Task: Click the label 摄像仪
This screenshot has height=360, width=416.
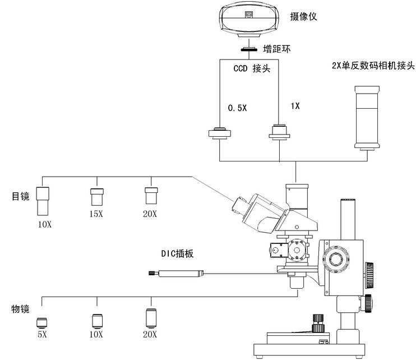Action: [304, 16]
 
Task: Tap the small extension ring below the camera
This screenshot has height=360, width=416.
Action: [248, 50]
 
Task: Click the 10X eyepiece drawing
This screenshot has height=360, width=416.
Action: [44, 200]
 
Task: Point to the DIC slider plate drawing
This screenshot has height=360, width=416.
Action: [178, 274]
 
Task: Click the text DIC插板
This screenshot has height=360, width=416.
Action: [177, 253]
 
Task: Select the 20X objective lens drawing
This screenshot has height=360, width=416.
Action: [150, 318]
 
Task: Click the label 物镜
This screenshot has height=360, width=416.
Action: [21, 309]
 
